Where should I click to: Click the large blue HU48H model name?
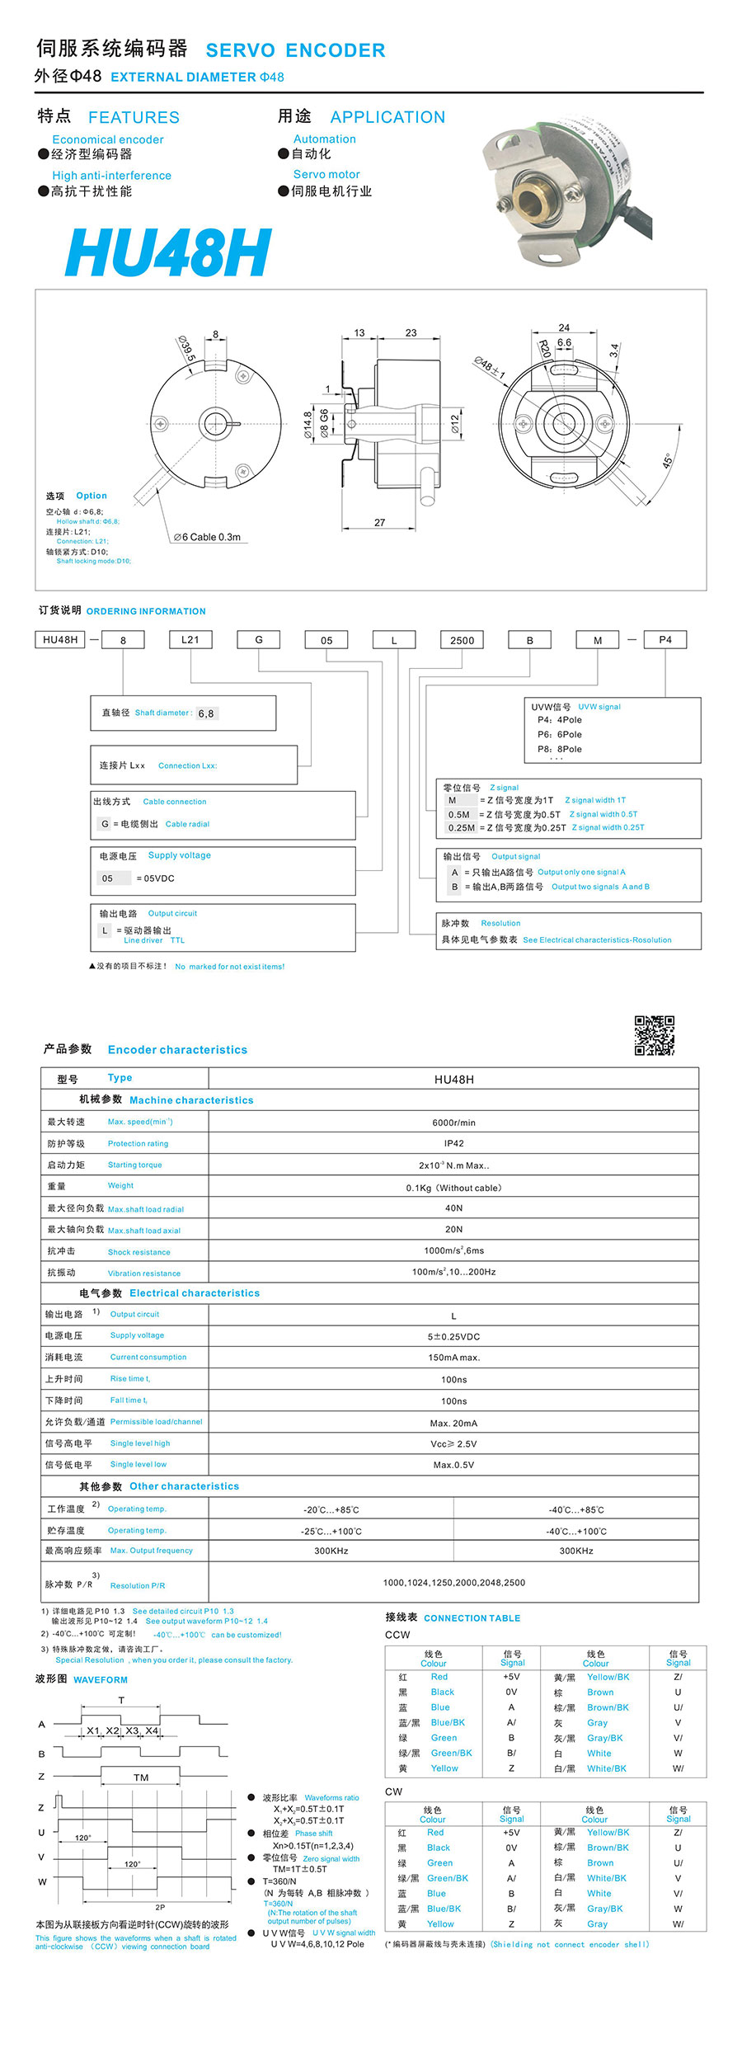tap(168, 252)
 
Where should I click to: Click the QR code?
tap(654, 1035)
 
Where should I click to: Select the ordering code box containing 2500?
tap(462, 640)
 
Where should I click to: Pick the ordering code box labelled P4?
tap(665, 639)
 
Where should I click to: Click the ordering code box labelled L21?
tap(190, 639)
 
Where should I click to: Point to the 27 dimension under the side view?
tap(379, 522)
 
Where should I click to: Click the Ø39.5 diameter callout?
tap(186, 349)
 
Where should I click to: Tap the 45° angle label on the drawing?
tap(668, 460)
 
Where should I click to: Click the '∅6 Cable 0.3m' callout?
tap(207, 537)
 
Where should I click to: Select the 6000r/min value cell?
tap(453, 1123)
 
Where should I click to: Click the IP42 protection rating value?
tap(453, 1144)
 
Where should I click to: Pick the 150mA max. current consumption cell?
tap(453, 1358)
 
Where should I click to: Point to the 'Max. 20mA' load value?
tap(453, 1423)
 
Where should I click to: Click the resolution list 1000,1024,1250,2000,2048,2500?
tap(453, 1583)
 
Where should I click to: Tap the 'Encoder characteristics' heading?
tap(177, 1050)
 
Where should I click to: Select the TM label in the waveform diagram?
tap(141, 1777)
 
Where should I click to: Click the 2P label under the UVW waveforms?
tap(160, 1907)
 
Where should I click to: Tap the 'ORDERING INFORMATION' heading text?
tap(146, 611)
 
